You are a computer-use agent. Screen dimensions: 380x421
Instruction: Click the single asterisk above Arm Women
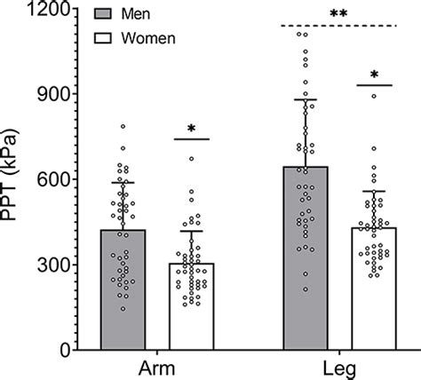coord(192,131)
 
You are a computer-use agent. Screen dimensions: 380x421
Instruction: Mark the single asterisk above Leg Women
coord(374,76)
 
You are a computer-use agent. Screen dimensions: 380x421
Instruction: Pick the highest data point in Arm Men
coord(123,127)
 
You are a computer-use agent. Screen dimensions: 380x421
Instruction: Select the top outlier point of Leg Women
coord(374,96)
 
